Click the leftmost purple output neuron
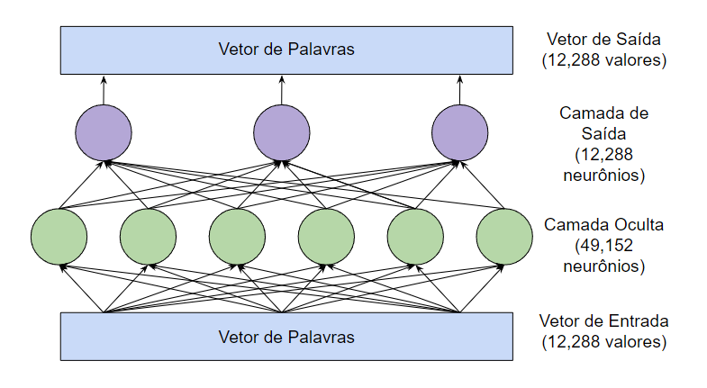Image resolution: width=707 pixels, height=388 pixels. pos(103,133)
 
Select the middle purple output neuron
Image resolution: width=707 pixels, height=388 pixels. pos(281,133)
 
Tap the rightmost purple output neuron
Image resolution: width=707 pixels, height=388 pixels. pos(459,133)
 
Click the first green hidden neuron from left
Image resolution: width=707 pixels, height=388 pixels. pos(59,236)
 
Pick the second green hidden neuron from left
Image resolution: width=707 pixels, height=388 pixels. pos(148,236)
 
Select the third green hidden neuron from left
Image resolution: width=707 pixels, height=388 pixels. pos(237,236)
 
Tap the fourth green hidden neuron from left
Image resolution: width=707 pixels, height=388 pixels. pos(326,236)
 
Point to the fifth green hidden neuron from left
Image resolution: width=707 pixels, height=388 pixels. pos(415,236)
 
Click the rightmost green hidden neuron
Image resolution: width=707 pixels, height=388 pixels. pos(504,236)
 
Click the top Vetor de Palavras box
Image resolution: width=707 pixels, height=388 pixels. pos(286,50)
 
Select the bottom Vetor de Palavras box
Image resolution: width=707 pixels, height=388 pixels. pos(286,337)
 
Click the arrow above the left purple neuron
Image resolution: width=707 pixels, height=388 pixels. pos(103,90)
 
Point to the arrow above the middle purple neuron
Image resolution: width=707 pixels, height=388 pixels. pos(281,90)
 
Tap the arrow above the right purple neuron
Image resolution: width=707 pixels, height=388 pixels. pos(459,90)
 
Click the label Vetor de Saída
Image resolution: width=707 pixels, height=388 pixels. pos(603,40)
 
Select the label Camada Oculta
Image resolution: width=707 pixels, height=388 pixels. pos(603,225)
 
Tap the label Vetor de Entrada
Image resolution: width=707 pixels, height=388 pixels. pos(603,321)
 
